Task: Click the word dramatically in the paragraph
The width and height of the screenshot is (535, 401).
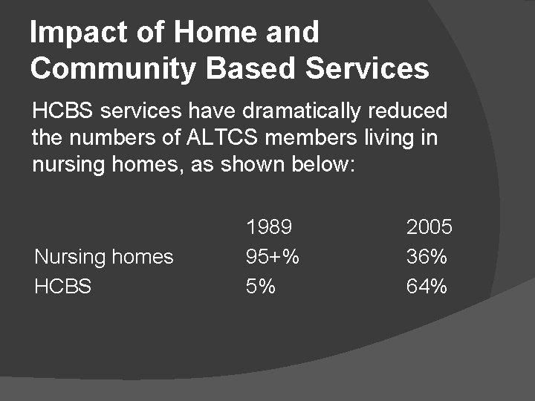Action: (308, 111)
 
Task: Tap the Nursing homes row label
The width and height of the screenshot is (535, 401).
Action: (104, 257)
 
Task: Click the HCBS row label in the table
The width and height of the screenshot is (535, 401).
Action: (63, 286)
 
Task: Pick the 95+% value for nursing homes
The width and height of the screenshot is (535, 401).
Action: (273, 257)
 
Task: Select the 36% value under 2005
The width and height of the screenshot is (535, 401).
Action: (427, 257)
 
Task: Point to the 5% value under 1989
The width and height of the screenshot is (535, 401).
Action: (261, 286)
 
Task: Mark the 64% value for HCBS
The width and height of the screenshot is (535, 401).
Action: (427, 286)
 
